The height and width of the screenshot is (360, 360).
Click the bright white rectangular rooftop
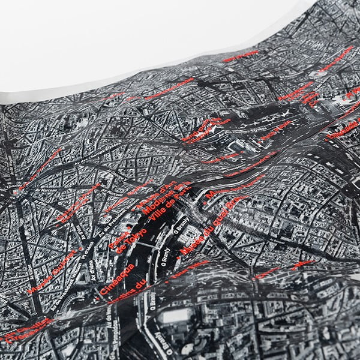[x=175, y=316]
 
